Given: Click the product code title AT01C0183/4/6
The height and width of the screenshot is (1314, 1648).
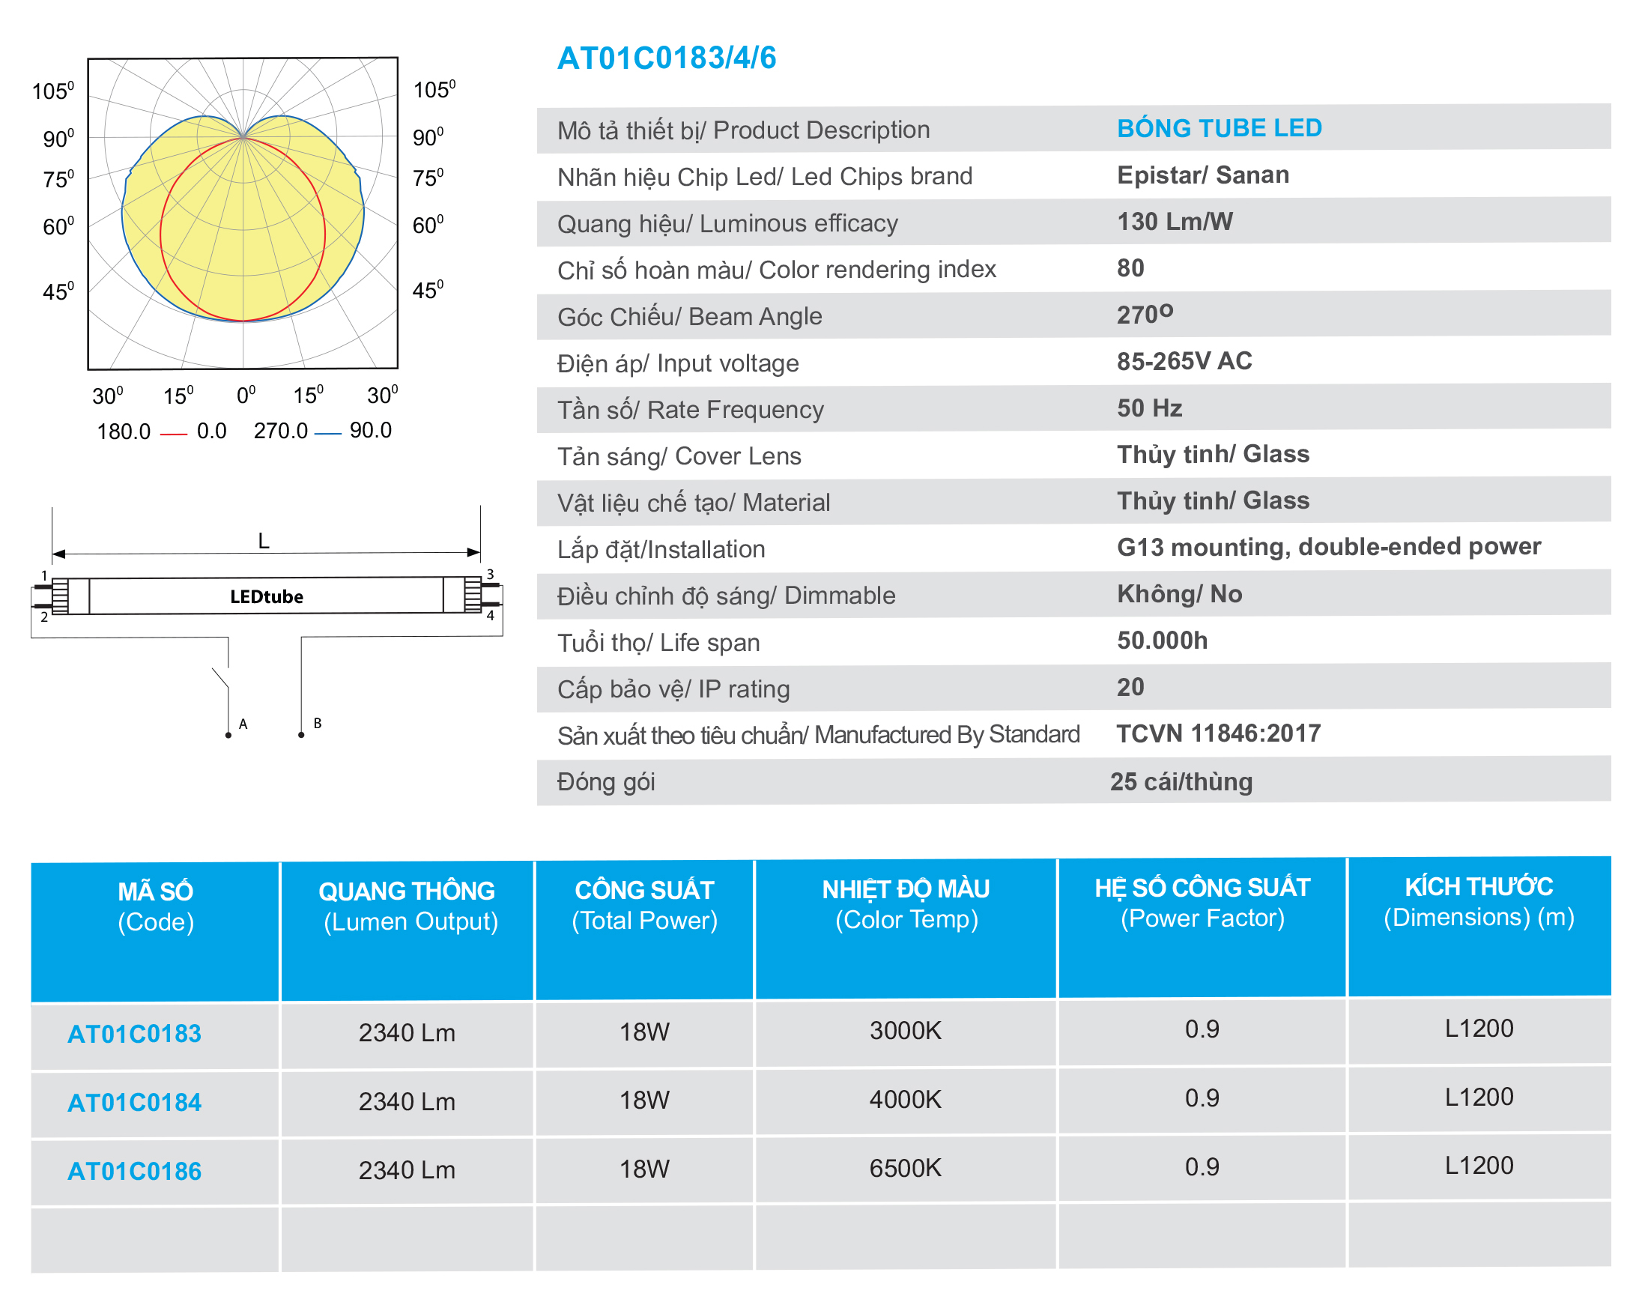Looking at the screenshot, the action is point(667,58).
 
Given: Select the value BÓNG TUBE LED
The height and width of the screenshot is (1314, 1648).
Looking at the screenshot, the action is point(1220,127).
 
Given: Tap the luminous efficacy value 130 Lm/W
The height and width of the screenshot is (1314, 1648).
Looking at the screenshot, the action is point(1175,222).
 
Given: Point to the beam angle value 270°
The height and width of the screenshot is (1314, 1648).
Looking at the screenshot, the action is point(1145,314).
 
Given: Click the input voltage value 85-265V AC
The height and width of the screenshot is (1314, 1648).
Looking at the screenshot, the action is point(1184,361).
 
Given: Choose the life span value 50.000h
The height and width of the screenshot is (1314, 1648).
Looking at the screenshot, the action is point(1162,641).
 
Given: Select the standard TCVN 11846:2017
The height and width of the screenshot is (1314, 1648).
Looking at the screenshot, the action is point(1219,734).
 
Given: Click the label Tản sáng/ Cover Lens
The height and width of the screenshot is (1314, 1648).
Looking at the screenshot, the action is point(679,456).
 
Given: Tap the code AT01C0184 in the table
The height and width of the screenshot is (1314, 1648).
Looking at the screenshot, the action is point(135,1102).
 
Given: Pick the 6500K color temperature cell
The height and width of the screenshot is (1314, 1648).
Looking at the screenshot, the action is point(905,1168).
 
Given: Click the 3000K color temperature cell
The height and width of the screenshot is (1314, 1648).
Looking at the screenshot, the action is point(905,1030).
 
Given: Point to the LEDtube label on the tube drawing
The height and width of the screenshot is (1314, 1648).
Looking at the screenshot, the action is point(267,596).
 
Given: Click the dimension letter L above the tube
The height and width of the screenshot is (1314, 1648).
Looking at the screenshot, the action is point(264,541).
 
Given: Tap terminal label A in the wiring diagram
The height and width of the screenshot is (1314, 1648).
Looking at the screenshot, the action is point(243,724).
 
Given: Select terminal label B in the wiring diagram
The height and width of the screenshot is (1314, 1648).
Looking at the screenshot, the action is point(317,723).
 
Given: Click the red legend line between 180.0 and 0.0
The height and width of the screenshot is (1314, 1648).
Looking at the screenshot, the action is point(174,435).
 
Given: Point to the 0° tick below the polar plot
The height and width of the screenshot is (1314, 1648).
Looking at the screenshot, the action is point(246,396).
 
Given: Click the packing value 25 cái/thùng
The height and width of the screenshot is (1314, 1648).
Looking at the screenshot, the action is point(1181,781).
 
